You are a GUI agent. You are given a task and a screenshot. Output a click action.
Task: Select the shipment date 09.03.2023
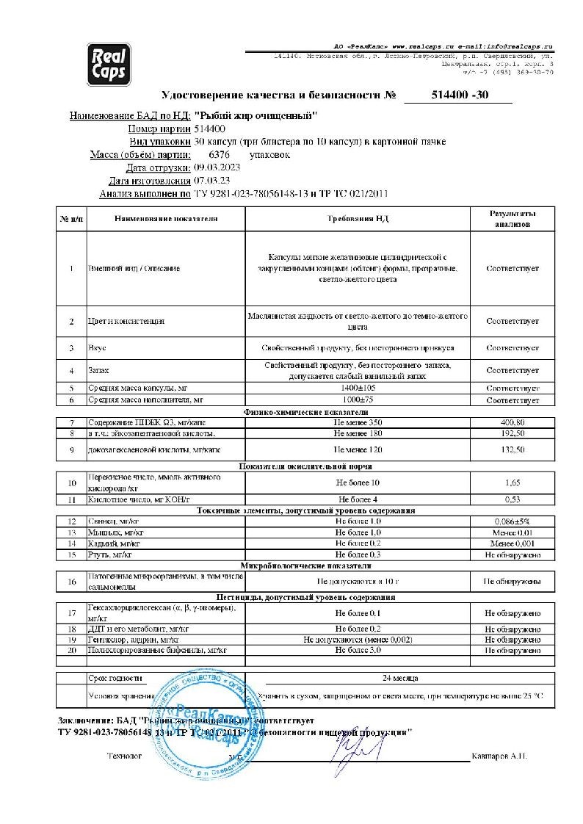tap(217, 167)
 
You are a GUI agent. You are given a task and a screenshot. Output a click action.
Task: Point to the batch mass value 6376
tap(220, 155)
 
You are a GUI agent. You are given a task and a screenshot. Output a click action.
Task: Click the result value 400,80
tap(512, 422)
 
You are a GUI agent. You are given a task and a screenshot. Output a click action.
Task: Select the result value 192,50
tap(512, 434)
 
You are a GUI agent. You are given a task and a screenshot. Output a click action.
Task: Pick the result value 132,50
tap(512, 448)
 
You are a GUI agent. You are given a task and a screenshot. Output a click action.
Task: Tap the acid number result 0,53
tap(512, 499)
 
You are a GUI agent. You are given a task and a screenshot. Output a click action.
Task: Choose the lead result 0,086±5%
tap(512, 520)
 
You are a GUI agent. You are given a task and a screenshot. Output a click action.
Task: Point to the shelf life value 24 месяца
tap(401, 678)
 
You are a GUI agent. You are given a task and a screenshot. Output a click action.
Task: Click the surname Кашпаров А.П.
tap(499, 756)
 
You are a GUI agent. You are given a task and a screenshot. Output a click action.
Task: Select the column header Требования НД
tap(357, 219)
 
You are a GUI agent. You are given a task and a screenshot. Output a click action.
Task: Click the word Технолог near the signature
tap(123, 756)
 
